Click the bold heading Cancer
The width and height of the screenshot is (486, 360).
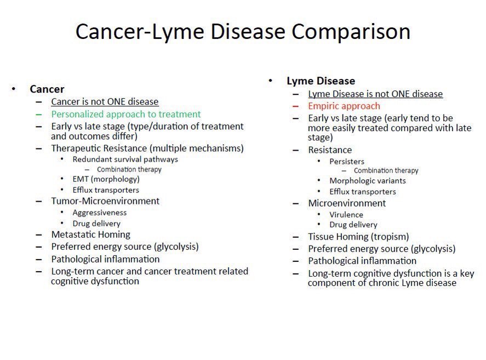point(47,89)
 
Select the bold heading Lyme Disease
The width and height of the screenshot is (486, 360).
point(321,81)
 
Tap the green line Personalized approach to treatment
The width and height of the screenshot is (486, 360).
point(126,115)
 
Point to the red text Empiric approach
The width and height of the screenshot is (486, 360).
point(344,106)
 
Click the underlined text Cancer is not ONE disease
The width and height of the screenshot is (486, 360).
point(105,102)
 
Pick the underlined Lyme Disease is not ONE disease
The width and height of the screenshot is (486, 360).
point(375,94)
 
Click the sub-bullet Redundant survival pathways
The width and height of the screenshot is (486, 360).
point(125,159)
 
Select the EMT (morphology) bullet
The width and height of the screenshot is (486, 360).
point(106,179)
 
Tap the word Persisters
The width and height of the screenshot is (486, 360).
point(346,162)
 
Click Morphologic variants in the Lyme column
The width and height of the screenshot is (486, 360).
point(367,181)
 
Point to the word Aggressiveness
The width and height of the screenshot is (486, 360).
point(99,213)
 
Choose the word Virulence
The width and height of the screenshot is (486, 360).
point(346,215)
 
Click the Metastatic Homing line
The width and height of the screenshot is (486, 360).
point(90,235)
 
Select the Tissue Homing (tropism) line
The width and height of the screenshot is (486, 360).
point(358,237)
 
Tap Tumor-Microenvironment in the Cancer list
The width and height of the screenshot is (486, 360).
point(105,201)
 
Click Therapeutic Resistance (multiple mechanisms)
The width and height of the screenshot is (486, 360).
point(147,148)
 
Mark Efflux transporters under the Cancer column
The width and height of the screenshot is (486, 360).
point(106,190)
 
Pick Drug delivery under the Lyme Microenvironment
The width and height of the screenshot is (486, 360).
point(353,225)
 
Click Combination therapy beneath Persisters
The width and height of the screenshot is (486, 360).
point(386,171)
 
